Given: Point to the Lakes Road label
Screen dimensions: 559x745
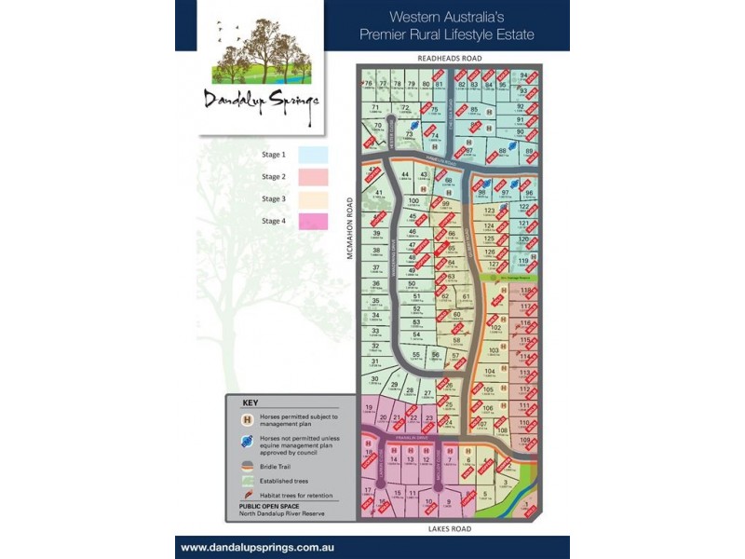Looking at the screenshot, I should coord(450,528).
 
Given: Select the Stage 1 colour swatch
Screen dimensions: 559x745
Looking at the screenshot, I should coord(313,155).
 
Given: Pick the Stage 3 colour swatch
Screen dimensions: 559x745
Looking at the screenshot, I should coord(313,198).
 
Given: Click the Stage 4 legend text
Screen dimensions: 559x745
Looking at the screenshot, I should coord(273,220).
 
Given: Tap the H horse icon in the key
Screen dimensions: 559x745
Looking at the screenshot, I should coord(247,420).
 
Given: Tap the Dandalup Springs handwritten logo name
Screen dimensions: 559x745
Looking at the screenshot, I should coord(263,101).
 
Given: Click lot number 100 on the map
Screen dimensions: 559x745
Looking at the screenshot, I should coord(413,200).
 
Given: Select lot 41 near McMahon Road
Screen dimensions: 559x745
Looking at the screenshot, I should coord(378,192).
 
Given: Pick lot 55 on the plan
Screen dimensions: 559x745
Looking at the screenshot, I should coord(416,354).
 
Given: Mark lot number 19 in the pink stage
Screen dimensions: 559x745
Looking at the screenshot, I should coord(370,408).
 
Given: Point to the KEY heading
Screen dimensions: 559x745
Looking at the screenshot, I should coord(250,403).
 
